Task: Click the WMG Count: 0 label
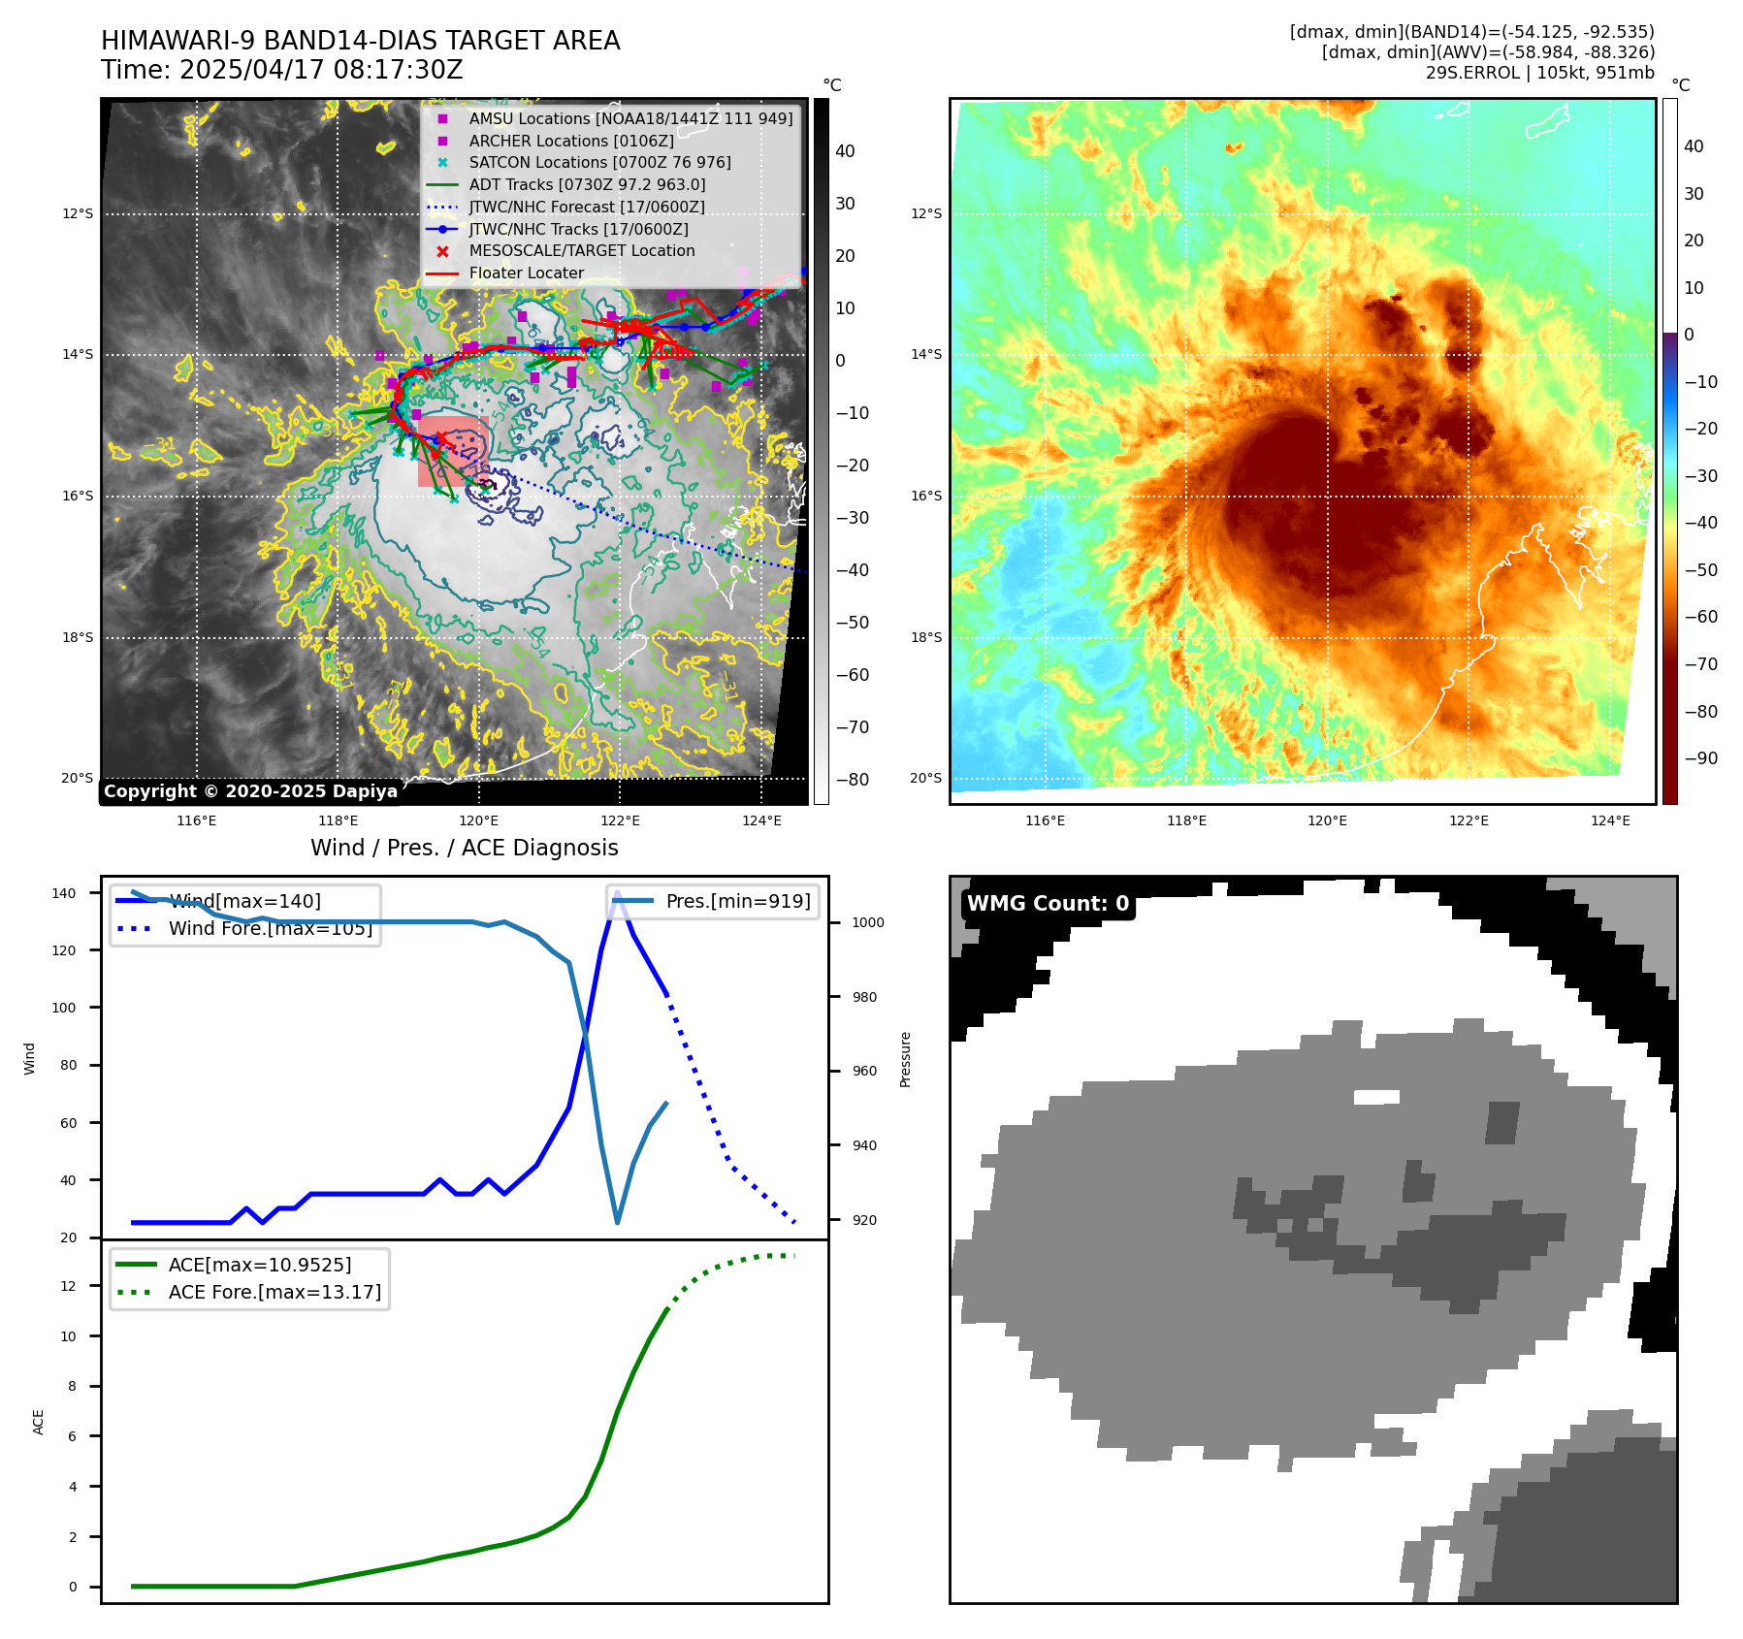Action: point(1048,904)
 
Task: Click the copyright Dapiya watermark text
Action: point(250,791)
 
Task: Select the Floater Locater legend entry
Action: point(526,273)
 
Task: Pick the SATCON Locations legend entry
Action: point(599,163)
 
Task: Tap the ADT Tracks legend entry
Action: point(587,184)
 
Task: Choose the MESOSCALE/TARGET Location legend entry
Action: point(582,251)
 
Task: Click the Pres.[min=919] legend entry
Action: point(737,901)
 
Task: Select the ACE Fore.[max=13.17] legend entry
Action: point(274,1292)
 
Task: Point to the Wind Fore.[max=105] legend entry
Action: point(270,928)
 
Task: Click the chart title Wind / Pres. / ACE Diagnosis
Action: point(464,848)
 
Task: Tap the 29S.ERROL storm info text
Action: point(1539,73)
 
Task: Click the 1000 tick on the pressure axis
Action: point(867,922)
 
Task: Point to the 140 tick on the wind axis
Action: point(64,893)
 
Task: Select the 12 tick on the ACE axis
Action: point(68,1286)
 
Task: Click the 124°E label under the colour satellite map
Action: point(1610,820)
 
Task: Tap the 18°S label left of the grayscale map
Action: point(78,637)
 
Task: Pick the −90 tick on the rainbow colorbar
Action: point(1700,758)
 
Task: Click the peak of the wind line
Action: point(617,891)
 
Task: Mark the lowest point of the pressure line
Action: point(618,1222)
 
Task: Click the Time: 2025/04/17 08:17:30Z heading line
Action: point(281,71)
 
